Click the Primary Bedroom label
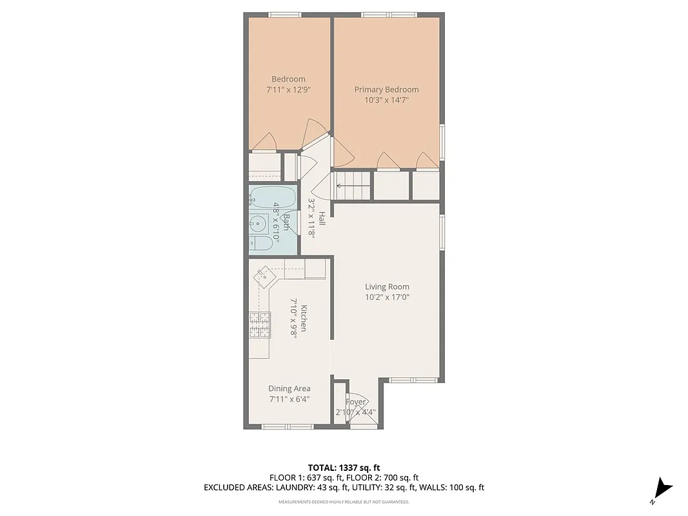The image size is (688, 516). (386, 90)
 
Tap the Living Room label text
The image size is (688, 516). (387, 287)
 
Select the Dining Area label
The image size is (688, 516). (290, 388)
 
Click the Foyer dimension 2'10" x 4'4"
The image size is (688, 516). (355, 412)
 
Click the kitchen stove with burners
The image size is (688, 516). (259, 325)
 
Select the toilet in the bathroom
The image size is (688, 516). (260, 243)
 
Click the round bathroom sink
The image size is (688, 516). (257, 224)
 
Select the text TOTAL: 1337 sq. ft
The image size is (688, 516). (344, 468)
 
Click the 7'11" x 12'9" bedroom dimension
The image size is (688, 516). (288, 90)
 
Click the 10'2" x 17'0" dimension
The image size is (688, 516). (387, 297)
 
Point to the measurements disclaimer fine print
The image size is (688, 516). (344, 502)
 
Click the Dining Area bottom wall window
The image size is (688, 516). (288, 426)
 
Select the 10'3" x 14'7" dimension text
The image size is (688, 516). (386, 100)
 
